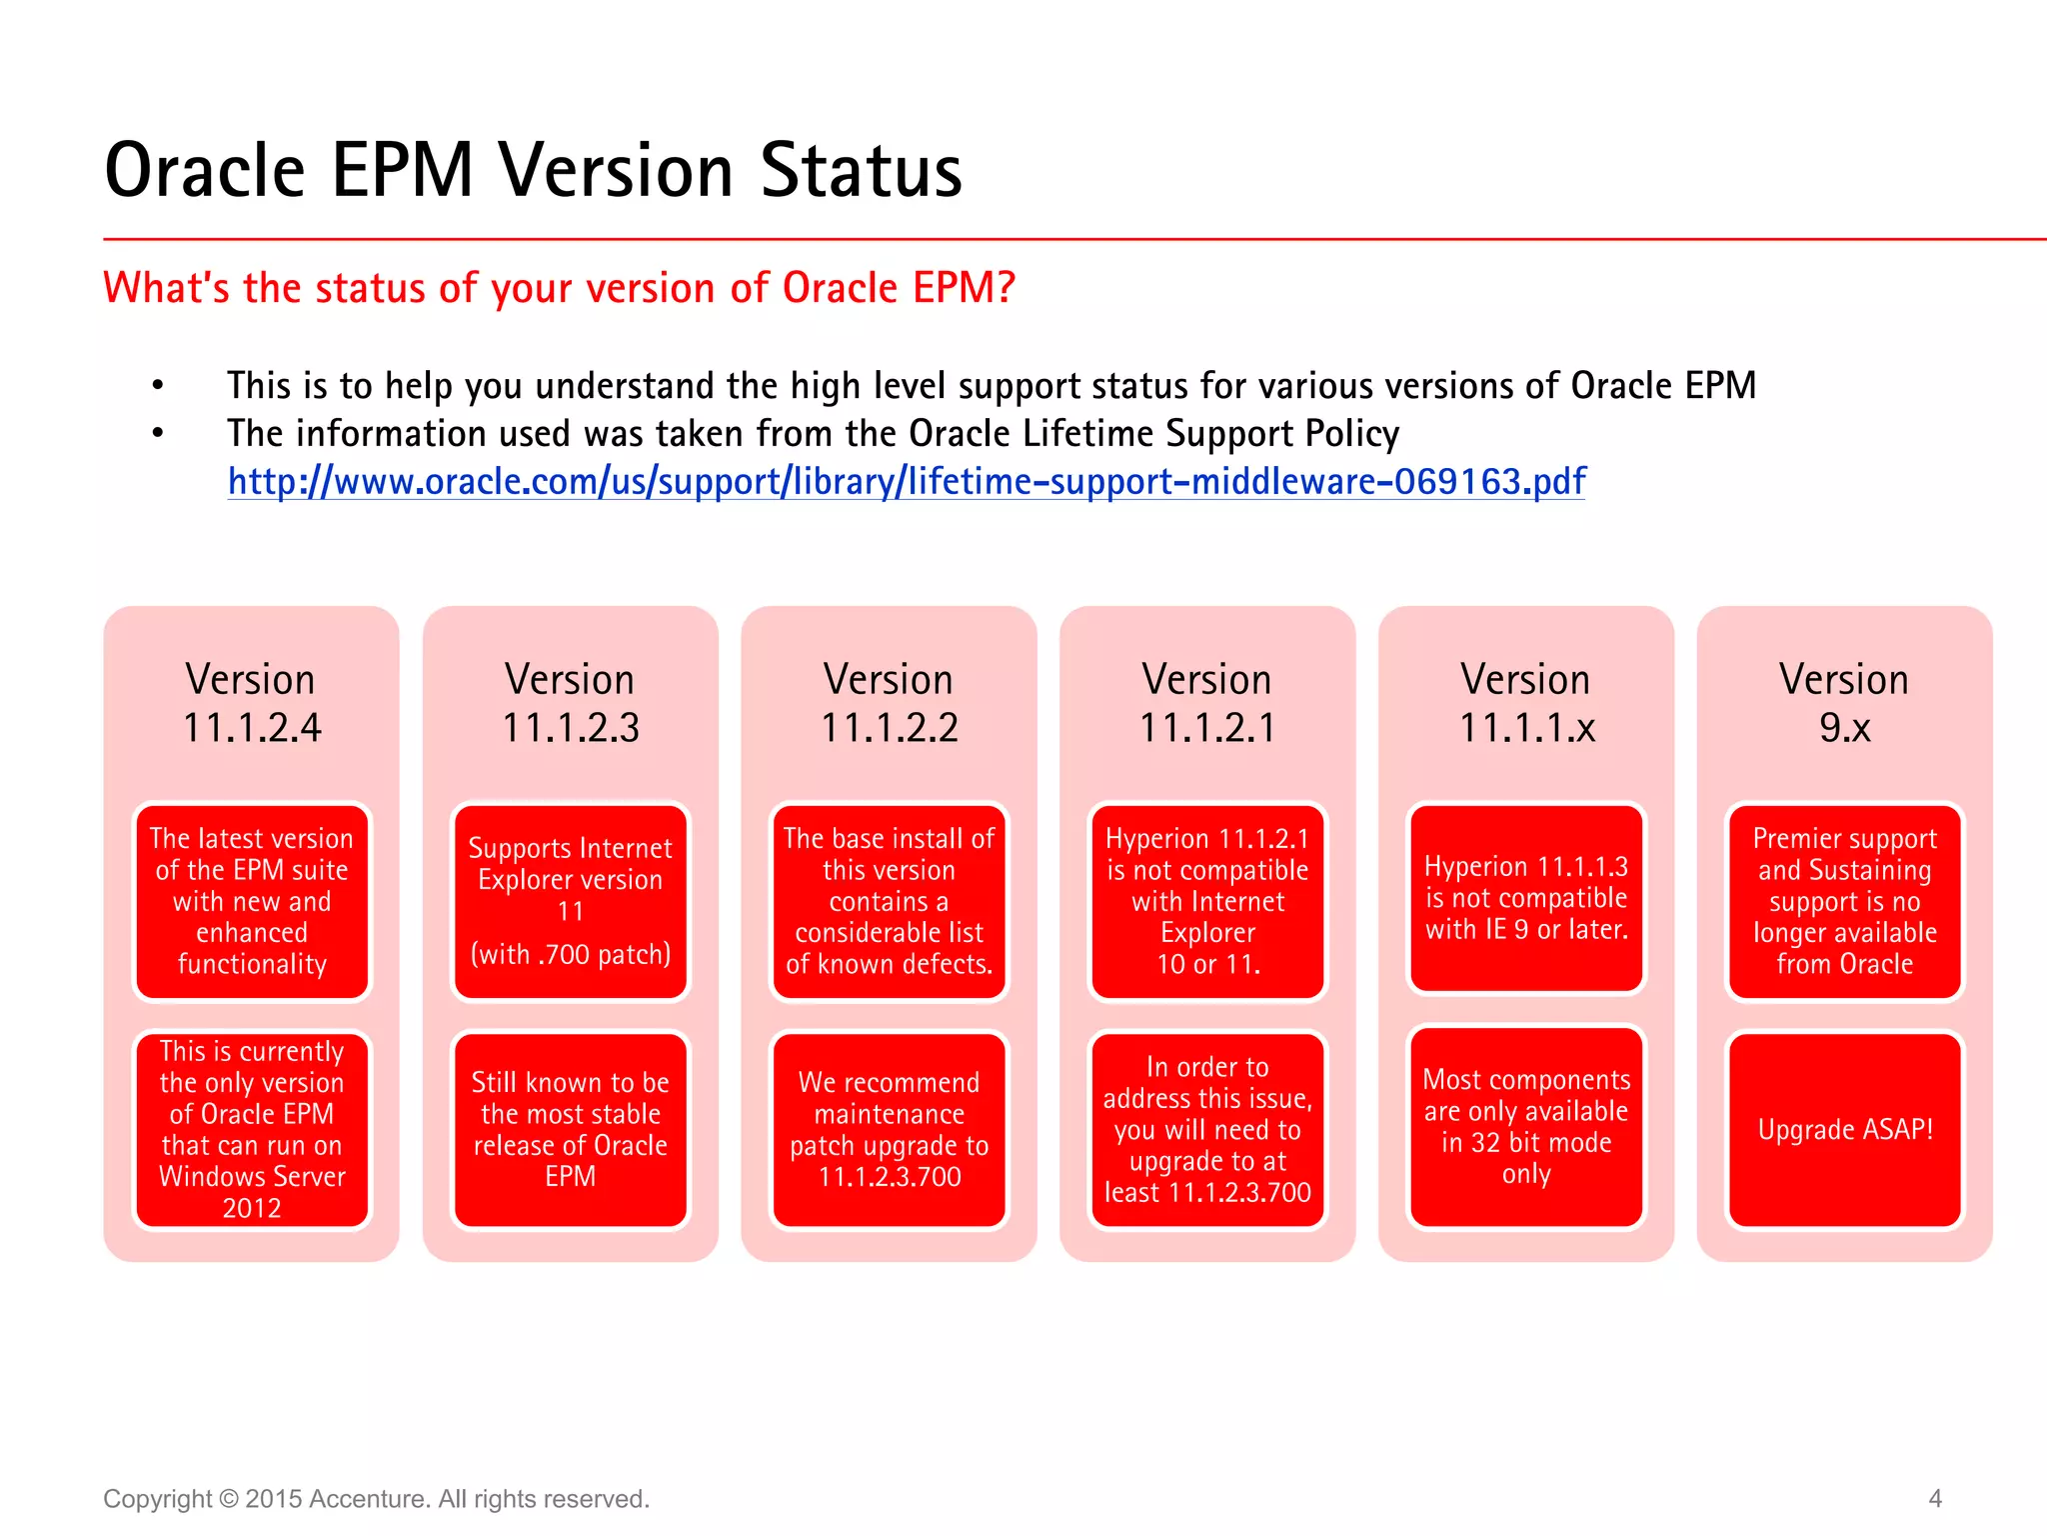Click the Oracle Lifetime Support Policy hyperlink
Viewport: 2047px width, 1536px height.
pos(906,482)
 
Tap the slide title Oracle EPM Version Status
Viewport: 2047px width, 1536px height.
pos(533,170)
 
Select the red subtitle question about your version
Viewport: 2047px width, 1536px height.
pos(559,288)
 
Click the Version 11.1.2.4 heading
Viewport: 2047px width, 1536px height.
pos(251,703)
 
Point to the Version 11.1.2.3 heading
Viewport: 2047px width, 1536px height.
pos(570,703)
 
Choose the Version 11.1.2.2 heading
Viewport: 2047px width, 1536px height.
pos(889,703)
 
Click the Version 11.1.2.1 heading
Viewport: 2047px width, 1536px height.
pos(1207,703)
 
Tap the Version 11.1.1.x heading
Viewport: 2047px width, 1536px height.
pos(1526,703)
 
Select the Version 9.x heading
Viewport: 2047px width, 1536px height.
pos(1844,703)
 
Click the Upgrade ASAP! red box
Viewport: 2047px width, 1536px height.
pos(1844,1130)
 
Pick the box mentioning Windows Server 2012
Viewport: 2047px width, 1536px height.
pos(251,1130)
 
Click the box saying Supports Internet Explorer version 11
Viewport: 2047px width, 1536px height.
pos(570,901)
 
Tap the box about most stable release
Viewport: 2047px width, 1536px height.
pos(570,1130)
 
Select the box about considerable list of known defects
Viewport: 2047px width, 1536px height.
pos(889,901)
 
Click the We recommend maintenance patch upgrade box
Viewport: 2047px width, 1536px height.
pos(889,1130)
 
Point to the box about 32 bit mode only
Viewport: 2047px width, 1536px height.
pos(1526,1126)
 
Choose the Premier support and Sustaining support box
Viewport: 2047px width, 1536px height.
pos(1844,901)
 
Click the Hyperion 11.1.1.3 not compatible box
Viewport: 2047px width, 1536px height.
pos(1526,898)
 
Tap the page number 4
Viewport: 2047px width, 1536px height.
pos(1935,1498)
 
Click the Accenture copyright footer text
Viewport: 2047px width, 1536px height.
pos(376,1499)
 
